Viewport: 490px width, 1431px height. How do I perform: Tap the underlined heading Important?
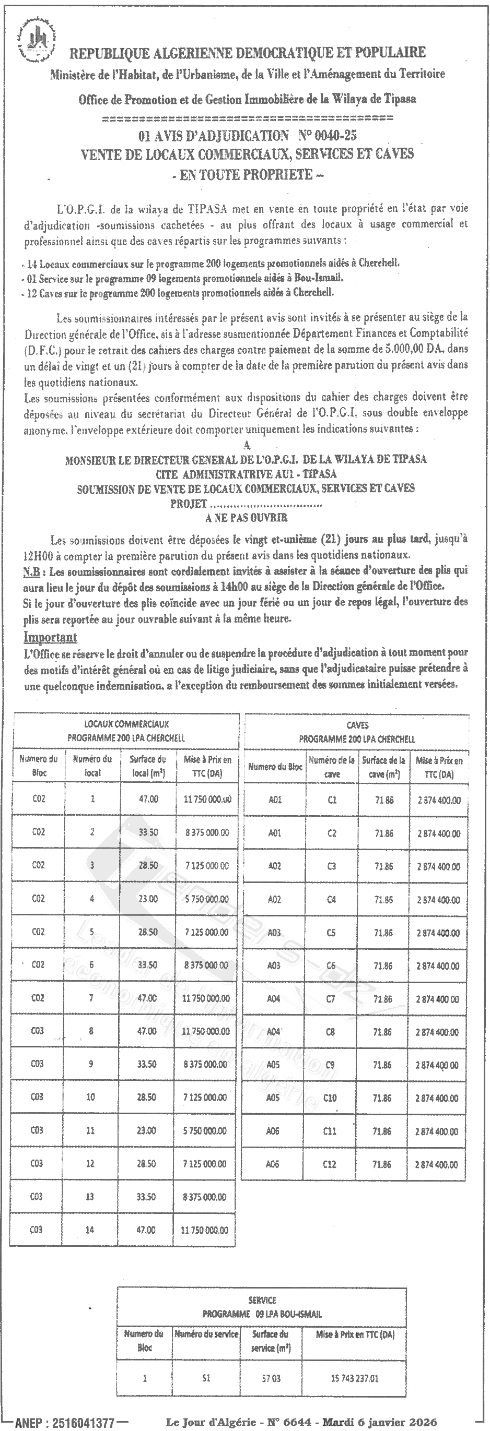(50, 637)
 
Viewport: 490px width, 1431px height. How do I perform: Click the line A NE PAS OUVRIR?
(246, 518)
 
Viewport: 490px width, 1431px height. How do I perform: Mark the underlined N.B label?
(32, 571)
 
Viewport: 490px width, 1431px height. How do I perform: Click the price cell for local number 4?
(206, 899)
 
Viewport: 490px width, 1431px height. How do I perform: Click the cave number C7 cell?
(331, 999)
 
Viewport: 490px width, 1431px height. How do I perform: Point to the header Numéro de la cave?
(332, 767)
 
